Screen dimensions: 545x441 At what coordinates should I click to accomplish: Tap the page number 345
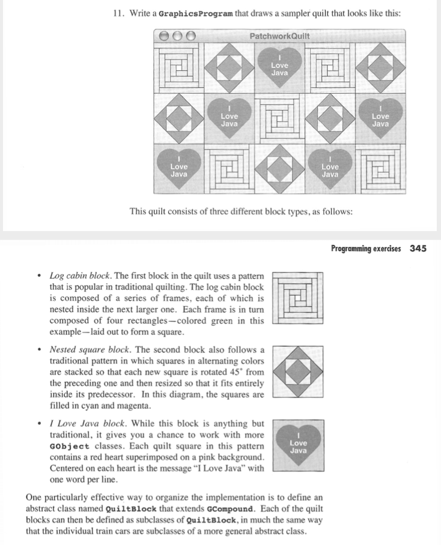tap(418, 248)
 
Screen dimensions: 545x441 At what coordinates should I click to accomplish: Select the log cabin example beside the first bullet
tap(299, 298)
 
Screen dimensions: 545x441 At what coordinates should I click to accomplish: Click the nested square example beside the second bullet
tap(299, 372)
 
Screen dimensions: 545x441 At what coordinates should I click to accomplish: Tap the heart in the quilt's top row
tap(279, 68)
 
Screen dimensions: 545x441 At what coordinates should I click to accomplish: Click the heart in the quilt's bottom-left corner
tap(178, 169)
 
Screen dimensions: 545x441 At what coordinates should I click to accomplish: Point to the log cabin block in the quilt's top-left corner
tap(178, 68)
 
